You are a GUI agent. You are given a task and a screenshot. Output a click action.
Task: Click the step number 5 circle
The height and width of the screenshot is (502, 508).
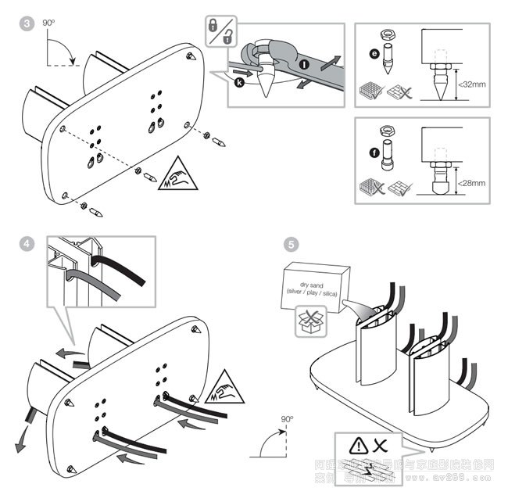coord(290,243)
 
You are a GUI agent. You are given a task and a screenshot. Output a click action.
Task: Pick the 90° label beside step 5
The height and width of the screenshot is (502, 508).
coord(287,419)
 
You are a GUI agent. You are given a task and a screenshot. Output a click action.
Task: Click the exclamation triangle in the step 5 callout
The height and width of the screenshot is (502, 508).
coord(356,446)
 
